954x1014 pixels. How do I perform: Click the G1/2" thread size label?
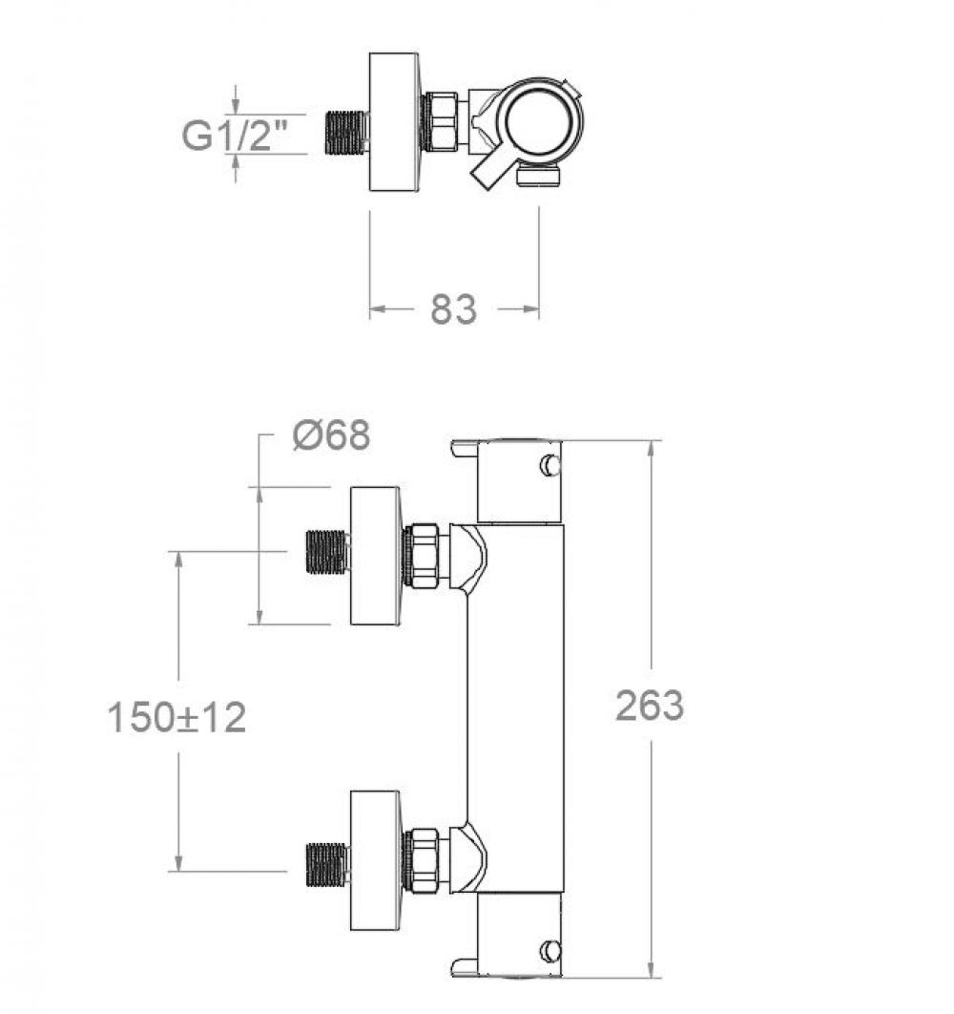coord(234,135)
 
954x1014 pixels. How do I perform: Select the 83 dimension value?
coord(454,309)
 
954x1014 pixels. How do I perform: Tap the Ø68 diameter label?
coord(332,434)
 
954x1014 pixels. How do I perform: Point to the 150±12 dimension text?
coord(176,718)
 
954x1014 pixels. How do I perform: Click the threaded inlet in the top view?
coord(345,133)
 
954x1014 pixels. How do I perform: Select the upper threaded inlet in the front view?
coord(327,552)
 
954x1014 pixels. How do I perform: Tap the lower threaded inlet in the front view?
coord(327,865)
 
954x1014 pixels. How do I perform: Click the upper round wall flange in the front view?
coord(376,556)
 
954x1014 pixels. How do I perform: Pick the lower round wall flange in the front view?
coord(376,860)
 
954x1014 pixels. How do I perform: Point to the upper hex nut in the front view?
coord(422,556)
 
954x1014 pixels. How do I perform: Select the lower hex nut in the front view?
coord(422,860)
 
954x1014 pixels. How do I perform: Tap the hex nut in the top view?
coord(440,122)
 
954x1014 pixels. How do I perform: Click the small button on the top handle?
coord(550,465)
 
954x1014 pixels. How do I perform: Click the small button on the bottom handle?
coord(550,950)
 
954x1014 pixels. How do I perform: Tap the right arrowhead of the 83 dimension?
coord(530,309)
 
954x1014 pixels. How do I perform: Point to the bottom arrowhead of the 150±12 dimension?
coord(177,863)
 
